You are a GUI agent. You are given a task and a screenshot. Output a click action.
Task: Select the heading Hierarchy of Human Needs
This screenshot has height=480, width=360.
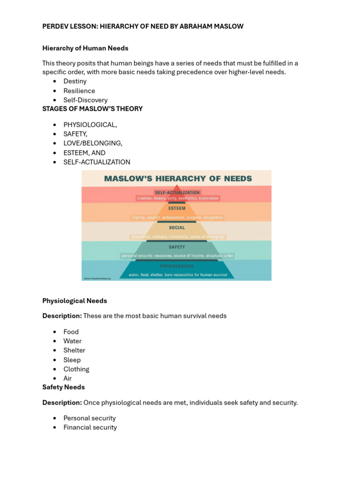click(x=85, y=48)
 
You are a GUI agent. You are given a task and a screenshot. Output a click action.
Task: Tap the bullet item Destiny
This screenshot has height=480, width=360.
click(x=75, y=82)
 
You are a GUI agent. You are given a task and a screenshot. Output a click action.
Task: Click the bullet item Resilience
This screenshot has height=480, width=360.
click(x=79, y=91)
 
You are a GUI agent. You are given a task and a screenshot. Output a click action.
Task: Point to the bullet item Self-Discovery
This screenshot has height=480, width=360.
click(x=85, y=100)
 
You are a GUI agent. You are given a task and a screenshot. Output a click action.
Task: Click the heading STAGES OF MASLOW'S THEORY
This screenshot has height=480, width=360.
click(x=92, y=109)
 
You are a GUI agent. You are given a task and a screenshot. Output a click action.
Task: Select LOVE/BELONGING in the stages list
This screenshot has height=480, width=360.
click(x=93, y=143)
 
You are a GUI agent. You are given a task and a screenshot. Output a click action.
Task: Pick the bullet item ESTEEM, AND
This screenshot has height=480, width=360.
click(x=84, y=153)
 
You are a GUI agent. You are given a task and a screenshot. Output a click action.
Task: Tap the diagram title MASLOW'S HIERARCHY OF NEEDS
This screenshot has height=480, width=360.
click(x=178, y=179)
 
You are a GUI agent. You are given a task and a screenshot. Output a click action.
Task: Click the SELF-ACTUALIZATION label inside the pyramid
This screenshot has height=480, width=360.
click(x=177, y=192)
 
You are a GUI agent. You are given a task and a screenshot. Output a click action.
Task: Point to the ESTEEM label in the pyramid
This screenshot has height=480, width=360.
click(x=177, y=208)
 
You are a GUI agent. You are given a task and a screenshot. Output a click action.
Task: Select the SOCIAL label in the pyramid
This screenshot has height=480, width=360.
click(x=177, y=228)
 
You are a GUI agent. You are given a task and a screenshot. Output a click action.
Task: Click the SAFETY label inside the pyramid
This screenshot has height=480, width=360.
click(x=177, y=247)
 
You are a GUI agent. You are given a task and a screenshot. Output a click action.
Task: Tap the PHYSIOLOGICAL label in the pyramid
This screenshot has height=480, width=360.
click(x=177, y=266)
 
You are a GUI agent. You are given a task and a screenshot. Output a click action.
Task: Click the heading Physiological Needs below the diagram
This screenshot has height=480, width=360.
click(x=75, y=301)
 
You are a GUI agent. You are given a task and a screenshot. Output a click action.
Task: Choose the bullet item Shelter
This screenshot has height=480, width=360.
click(x=74, y=350)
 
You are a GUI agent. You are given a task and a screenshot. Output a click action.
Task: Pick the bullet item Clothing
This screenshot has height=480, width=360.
click(x=76, y=369)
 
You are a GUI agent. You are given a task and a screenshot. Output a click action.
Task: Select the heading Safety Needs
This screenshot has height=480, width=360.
click(x=63, y=387)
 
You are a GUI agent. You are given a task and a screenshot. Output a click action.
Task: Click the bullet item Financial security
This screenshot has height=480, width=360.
click(x=90, y=427)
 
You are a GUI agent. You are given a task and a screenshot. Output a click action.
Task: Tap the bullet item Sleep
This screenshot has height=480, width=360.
click(x=72, y=360)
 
